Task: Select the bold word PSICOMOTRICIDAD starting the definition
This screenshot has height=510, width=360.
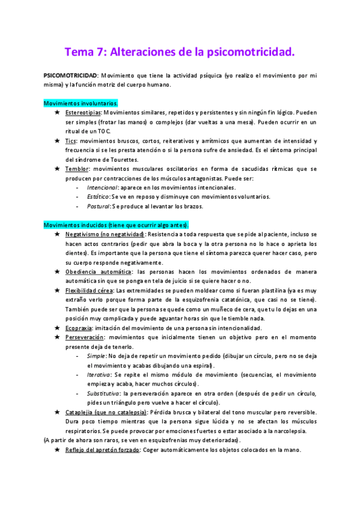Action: (71, 76)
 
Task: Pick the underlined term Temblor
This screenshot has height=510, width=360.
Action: (78, 169)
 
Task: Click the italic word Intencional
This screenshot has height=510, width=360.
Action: (99, 188)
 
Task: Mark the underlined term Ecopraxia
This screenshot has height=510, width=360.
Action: (81, 328)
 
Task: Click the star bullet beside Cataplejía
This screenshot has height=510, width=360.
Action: (56, 412)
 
